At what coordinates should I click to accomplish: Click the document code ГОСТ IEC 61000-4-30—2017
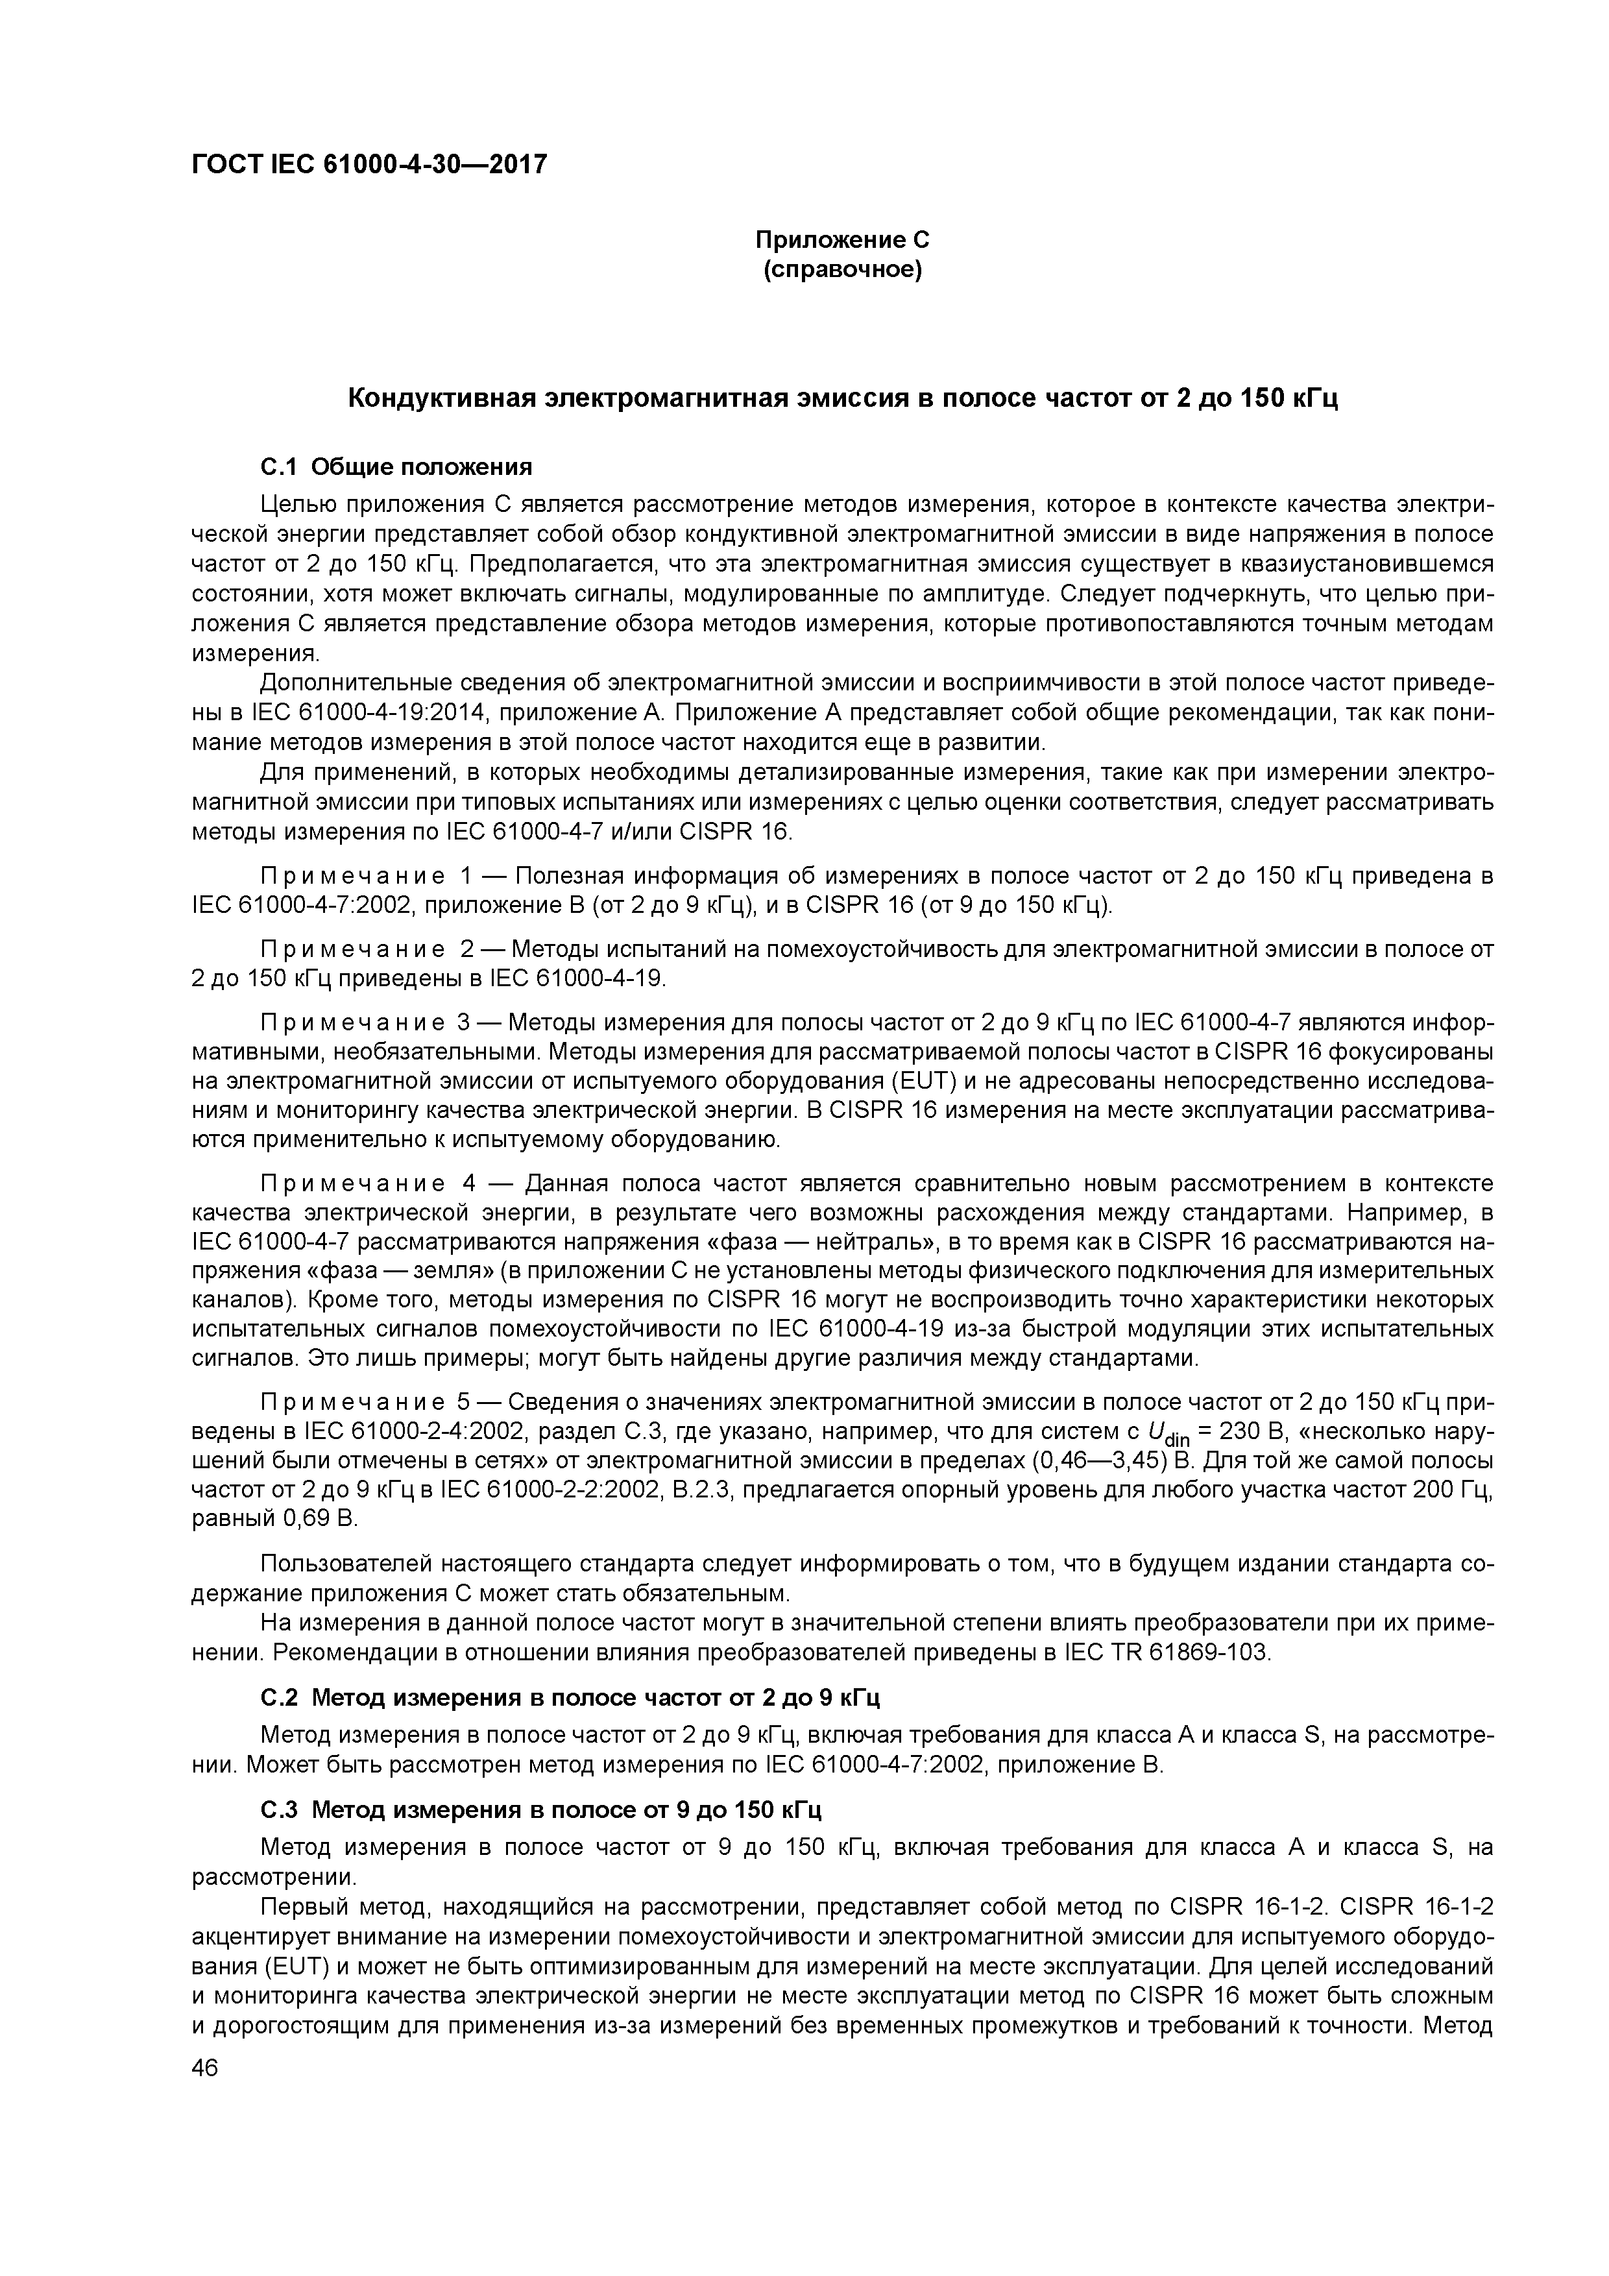click(369, 165)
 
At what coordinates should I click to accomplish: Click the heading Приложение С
click(841, 240)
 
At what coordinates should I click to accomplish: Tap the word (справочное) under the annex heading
click(841, 270)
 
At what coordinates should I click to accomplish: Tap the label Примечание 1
click(367, 877)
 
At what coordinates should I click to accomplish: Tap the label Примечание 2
click(367, 950)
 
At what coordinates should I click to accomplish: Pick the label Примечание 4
click(367, 1183)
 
